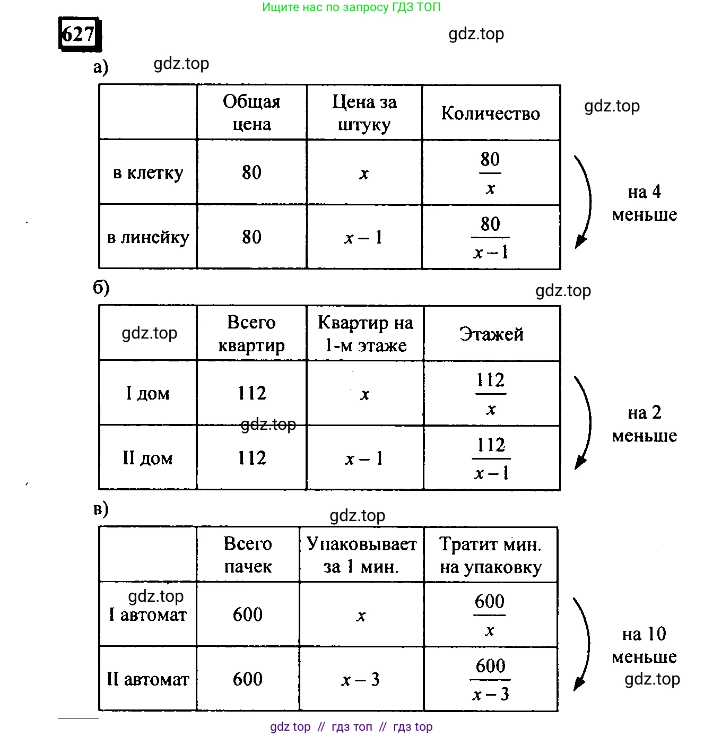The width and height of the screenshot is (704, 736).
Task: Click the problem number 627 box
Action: [x=79, y=34]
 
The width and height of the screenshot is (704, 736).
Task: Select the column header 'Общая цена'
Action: [x=251, y=112]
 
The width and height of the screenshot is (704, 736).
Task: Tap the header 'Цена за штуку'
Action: [x=364, y=112]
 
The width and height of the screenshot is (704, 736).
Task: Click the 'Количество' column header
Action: [x=491, y=114]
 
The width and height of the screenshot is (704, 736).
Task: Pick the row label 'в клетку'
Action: [x=148, y=173]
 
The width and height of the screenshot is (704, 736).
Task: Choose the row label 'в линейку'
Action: [x=148, y=237]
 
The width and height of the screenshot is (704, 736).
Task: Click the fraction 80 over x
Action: [x=490, y=173]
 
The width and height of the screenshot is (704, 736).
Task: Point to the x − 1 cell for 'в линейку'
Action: [x=363, y=238]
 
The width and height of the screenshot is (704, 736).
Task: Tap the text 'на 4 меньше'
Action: [x=645, y=203]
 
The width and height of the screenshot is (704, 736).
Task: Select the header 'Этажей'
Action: [x=491, y=334]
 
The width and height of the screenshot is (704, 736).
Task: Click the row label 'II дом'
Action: [x=147, y=458]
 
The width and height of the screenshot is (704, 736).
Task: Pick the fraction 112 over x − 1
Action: [x=491, y=458]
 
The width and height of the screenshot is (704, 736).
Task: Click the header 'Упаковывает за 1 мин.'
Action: [x=361, y=555]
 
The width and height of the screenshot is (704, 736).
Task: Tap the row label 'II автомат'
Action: [x=147, y=679]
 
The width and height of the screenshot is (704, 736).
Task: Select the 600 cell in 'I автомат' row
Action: [x=248, y=614]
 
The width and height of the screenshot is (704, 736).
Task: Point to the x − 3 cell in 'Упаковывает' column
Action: [x=361, y=680]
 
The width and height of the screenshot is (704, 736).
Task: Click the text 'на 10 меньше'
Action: [x=644, y=645]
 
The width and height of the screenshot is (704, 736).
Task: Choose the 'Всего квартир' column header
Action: [x=251, y=334]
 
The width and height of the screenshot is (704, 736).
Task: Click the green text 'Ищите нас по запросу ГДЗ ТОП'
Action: [x=351, y=7]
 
